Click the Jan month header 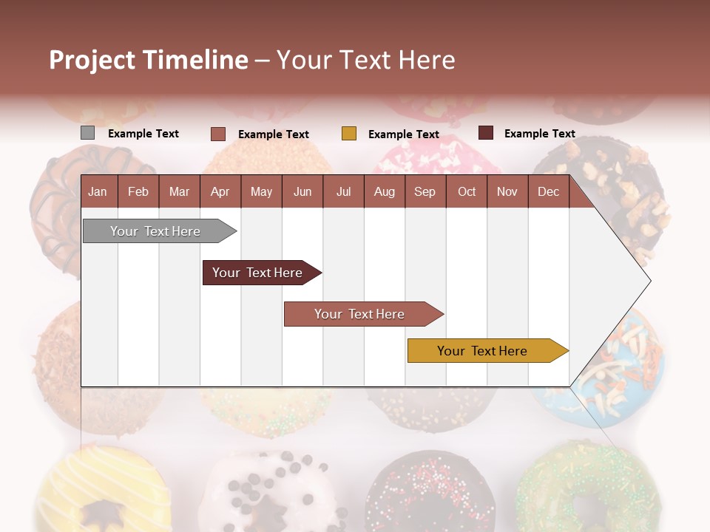click(x=98, y=191)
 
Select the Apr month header click(x=220, y=191)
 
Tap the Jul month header click(x=343, y=191)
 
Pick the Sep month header click(x=425, y=191)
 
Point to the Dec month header click(x=548, y=191)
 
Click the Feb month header click(x=138, y=191)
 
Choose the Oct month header click(x=467, y=191)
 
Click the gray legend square click(x=87, y=133)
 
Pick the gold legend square click(x=349, y=134)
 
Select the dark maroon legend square click(x=485, y=133)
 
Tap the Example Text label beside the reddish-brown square click(x=273, y=134)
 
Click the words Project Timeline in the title click(x=149, y=60)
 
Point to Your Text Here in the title click(x=365, y=60)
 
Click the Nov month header click(x=507, y=191)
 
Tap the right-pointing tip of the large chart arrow click(x=648, y=281)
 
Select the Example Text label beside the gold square click(x=403, y=134)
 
